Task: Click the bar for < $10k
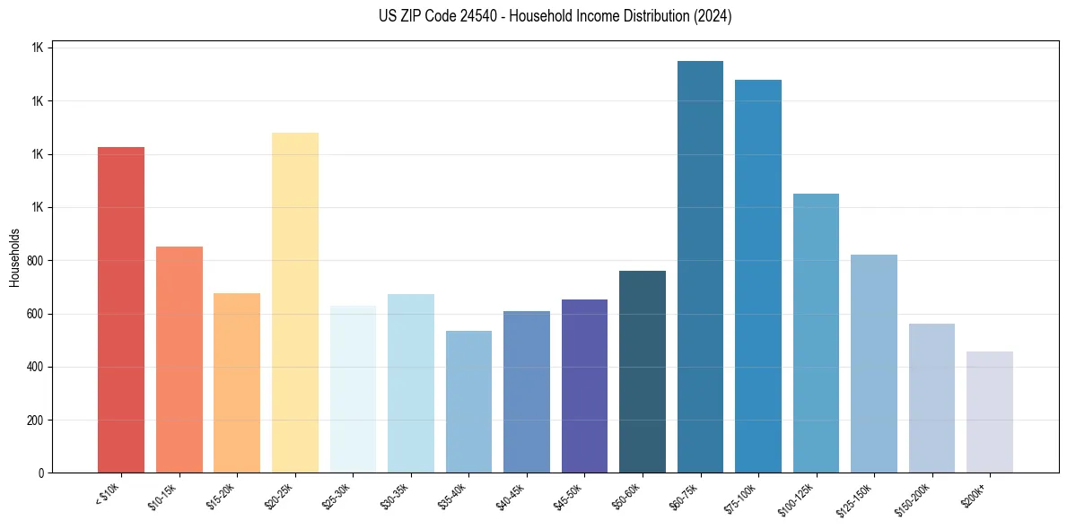click(121, 309)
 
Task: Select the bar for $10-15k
click(179, 359)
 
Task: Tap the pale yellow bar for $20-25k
click(295, 302)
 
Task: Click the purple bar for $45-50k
click(584, 386)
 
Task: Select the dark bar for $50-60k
click(643, 371)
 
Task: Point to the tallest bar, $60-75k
click(700, 266)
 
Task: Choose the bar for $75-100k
click(758, 276)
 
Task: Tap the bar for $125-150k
click(874, 363)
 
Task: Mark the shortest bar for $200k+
click(990, 412)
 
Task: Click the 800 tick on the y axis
click(39, 261)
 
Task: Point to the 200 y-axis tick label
click(39, 421)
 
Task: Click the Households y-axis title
click(14, 257)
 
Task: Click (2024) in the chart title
click(713, 16)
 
